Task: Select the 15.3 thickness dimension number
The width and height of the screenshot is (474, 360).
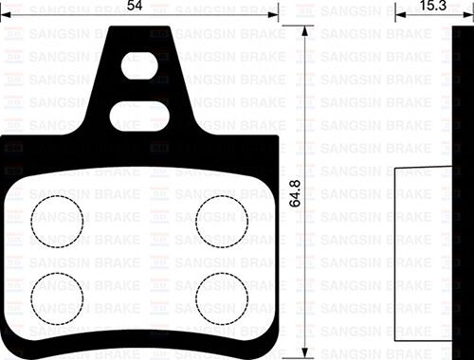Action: point(434,7)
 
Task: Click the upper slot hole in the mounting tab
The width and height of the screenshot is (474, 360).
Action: point(137,69)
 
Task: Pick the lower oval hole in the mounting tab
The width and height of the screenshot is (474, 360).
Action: point(138,116)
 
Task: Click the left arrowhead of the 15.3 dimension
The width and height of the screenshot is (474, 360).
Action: point(396,16)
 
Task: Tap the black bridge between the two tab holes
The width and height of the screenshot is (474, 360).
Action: point(138,93)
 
